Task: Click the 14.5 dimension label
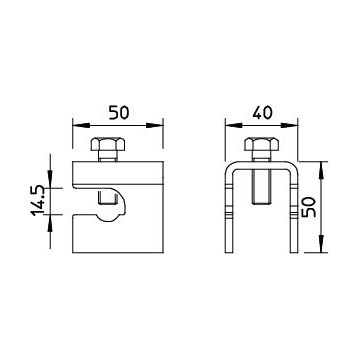pos(39,200)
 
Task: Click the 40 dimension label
pos(262,113)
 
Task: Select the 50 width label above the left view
pos(119,113)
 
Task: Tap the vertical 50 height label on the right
pos(308,207)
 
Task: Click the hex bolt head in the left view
pos(108,144)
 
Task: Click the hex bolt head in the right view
pos(262,144)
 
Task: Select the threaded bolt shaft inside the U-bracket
pos(262,186)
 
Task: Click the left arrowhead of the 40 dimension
pos(234,126)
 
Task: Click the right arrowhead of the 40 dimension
pos(289,126)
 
